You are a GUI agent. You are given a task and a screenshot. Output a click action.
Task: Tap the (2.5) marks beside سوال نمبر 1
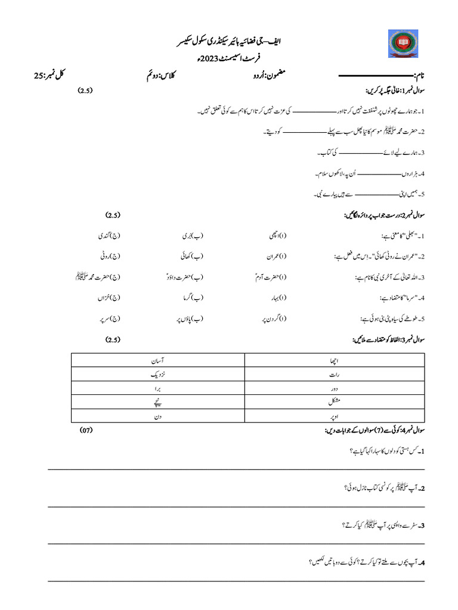[85, 91]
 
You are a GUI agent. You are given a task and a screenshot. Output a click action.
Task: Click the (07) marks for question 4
[86, 429]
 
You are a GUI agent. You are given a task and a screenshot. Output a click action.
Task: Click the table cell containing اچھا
[335, 360]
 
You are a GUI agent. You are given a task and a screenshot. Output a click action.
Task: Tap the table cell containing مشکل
[335, 403]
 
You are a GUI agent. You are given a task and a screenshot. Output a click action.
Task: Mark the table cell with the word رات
[335, 375]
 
